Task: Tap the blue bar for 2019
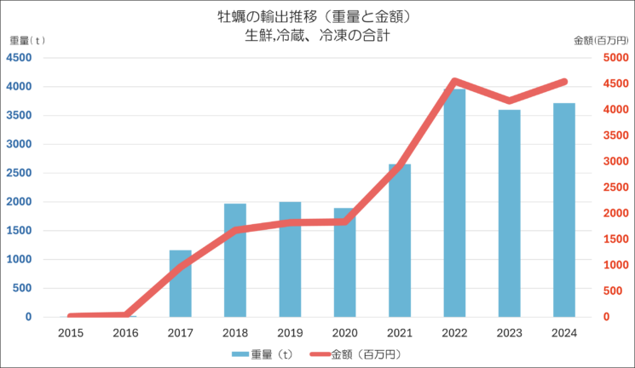(x=290, y=259)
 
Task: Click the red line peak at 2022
(x=454, y=82)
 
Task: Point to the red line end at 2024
(x=563, y=82)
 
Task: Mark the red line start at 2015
(x=71, y=316)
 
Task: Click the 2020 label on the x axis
(x=344, y=333)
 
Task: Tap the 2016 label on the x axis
(x=125, y=333)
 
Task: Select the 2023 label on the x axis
(x=509, y=333)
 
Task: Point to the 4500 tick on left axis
(x=20, y=58)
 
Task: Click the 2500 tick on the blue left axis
(x=20, y=174)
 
